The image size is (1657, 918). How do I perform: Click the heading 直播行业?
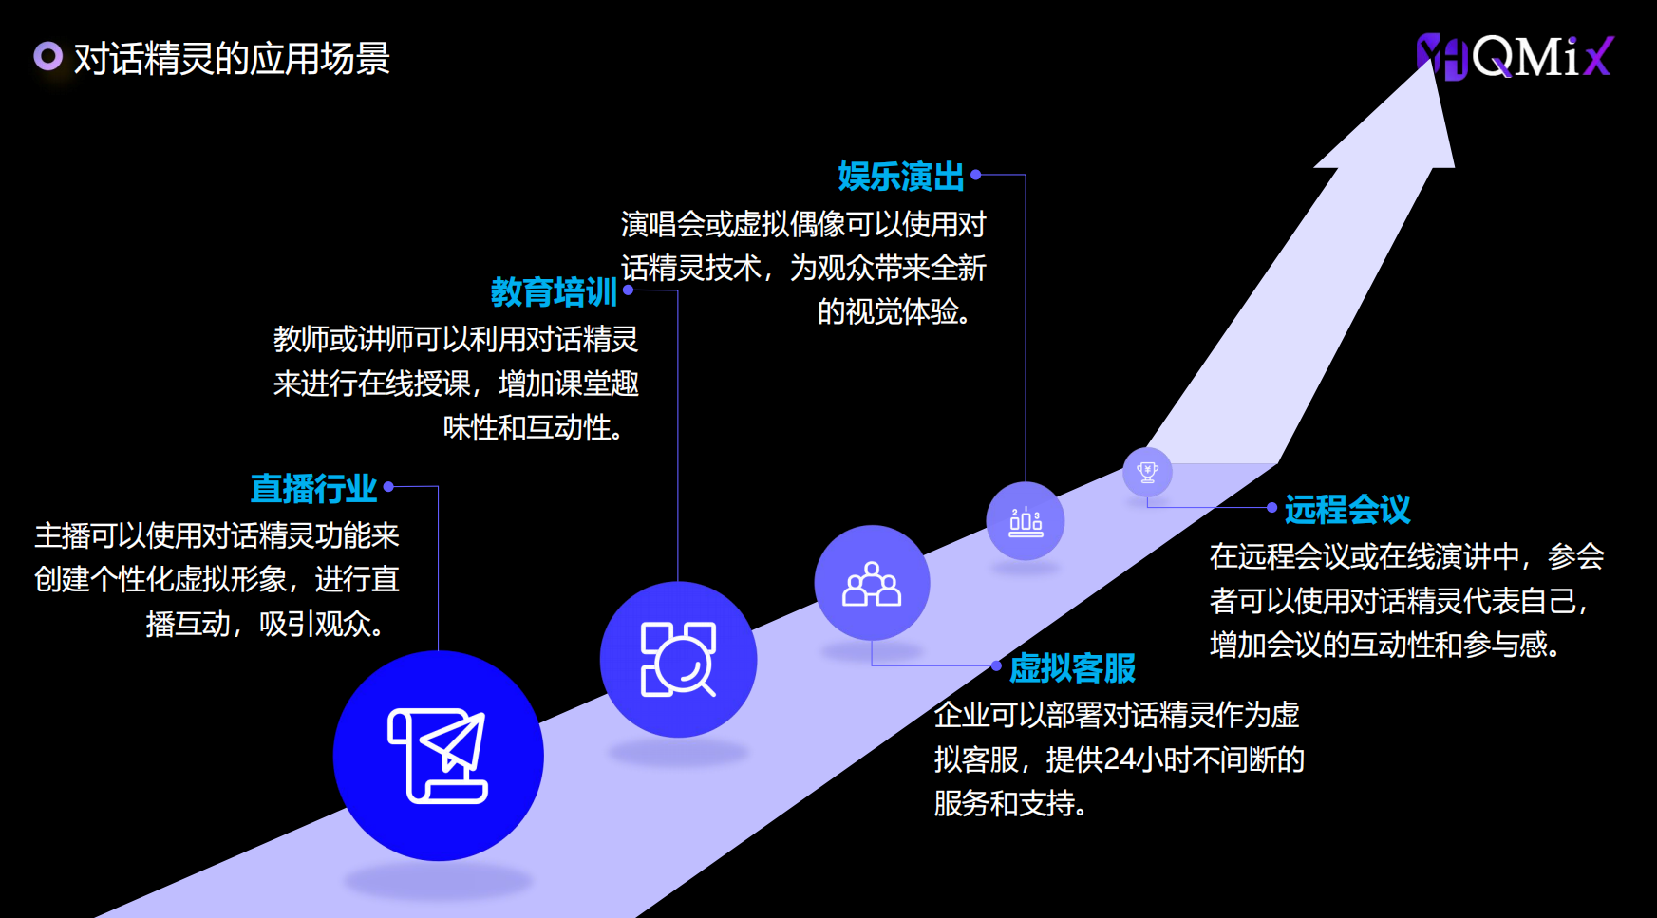[314, 489]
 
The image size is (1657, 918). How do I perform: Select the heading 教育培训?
[554, 291]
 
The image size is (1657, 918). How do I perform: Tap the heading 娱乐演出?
[900, 177]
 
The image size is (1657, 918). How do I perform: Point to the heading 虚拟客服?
[1072, 668]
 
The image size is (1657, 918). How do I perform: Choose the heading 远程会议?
[1347, 510]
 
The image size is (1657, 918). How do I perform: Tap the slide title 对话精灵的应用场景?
[232, 59]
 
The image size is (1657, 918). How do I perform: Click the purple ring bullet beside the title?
[47, 57]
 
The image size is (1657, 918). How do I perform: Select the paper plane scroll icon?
[438, 756]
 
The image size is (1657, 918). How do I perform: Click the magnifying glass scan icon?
[678, 659]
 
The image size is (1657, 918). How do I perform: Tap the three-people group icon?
[872, 583]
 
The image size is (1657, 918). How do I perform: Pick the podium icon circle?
[1026, 521]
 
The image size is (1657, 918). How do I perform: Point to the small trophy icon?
[1147, 471]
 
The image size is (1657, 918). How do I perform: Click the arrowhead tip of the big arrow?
[1432, 59]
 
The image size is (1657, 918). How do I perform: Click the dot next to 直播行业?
[388, 487]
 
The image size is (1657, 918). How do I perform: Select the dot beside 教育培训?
[628, 290]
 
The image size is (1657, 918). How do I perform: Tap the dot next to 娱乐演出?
[975, 175]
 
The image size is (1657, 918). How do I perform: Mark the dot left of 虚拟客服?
[996, 665]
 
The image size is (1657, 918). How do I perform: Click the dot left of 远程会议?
[1271, 508]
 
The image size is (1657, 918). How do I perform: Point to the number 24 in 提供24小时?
[1120, 759]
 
